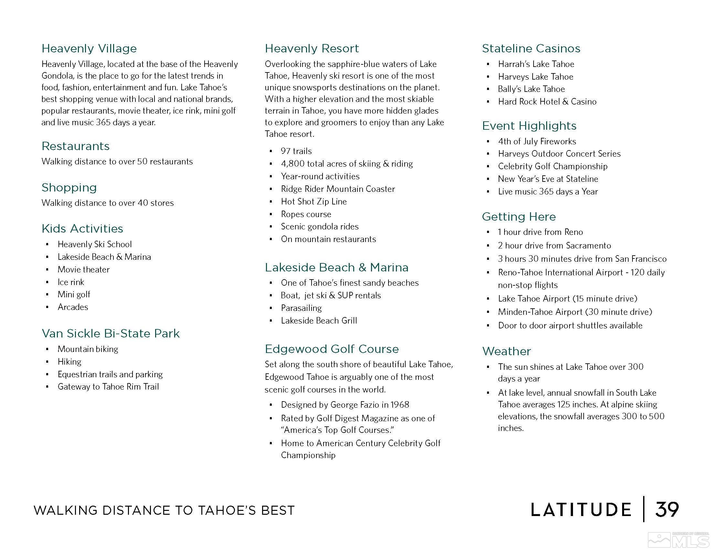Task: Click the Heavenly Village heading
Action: [89, 49]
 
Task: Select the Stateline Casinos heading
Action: [531, 49]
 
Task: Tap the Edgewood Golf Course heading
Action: [331, 349]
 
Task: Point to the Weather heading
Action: [506, 351]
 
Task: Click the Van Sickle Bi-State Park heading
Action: [110, 333]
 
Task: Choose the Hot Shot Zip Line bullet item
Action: [313, 202]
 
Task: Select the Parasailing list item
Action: [301, 308]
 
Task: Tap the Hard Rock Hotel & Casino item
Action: [547, 102]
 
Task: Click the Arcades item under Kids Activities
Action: [73, 307]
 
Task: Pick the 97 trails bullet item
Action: [296, 151]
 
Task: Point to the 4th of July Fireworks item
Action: [537, 141]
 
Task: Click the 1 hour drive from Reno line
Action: [540, 232]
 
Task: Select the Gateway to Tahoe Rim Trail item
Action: [108, 387]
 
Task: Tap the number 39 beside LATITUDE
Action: [667, 510]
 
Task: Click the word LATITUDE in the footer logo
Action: [581, 510]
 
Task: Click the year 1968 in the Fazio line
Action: [399, 405]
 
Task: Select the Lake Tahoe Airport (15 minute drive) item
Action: [568, 299]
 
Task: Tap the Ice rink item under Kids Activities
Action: [71, 282]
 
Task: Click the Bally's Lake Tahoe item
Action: [531, 89]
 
